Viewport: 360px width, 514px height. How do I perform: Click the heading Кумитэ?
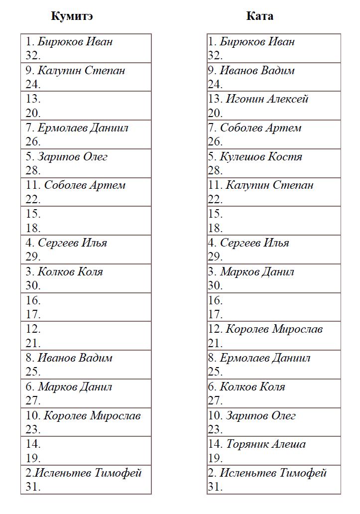pos(72,16)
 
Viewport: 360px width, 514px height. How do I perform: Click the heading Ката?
pos(259,16)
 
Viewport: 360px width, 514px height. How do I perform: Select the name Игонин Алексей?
pos(267,99)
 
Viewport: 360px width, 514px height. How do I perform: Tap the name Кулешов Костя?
pos(261,156)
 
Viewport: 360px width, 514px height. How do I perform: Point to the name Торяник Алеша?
pos(266,444)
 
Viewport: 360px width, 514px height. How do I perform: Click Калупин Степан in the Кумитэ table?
pos(81,70)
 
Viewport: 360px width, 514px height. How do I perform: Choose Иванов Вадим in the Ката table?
pos(257,70)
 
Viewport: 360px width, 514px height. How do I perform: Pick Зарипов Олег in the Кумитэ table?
pos(73,156)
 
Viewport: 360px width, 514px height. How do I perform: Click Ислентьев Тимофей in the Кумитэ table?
pos(88,473)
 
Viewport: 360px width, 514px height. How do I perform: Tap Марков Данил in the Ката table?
pos(257,271)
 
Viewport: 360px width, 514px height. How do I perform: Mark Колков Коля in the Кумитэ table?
pos(70,271)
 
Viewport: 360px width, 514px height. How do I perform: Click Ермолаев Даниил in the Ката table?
pos(265,358)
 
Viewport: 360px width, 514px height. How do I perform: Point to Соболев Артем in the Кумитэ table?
pos(85,185)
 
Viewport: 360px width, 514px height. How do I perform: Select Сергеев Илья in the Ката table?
pos(254,243)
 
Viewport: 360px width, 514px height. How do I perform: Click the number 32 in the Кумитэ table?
pos(33,56)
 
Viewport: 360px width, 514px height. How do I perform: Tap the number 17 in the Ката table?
pos(215,315)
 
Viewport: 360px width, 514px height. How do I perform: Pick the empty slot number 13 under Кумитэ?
pos(33,99)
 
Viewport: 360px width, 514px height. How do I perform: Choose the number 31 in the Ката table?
pos(215,487)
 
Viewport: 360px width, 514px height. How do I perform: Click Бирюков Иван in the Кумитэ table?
pos(75,41)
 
